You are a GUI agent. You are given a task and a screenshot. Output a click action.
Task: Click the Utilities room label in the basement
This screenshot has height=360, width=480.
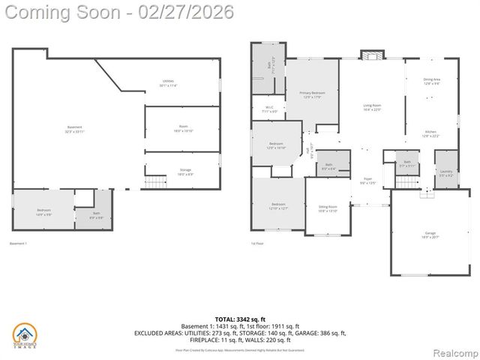(167, 83)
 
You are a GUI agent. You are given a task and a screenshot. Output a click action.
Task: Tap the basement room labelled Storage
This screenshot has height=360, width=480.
(184, 172)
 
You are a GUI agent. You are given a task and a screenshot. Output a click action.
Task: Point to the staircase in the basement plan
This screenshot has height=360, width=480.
(155, 181)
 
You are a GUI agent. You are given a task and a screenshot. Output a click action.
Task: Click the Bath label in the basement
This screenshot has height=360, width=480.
(97, 215)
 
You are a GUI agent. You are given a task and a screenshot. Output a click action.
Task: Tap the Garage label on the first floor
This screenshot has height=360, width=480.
(430, 235)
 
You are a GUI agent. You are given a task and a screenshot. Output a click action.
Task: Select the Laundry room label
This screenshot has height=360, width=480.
(445, 173)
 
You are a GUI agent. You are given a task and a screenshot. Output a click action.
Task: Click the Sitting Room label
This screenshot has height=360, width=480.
(328, 208)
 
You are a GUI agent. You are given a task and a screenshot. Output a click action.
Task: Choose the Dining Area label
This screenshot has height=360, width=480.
(432, 81)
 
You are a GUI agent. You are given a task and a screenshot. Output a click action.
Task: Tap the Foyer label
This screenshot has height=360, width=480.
(367, 181)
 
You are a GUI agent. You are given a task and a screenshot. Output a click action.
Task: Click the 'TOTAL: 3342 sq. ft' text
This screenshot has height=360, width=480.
(239, 319)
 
